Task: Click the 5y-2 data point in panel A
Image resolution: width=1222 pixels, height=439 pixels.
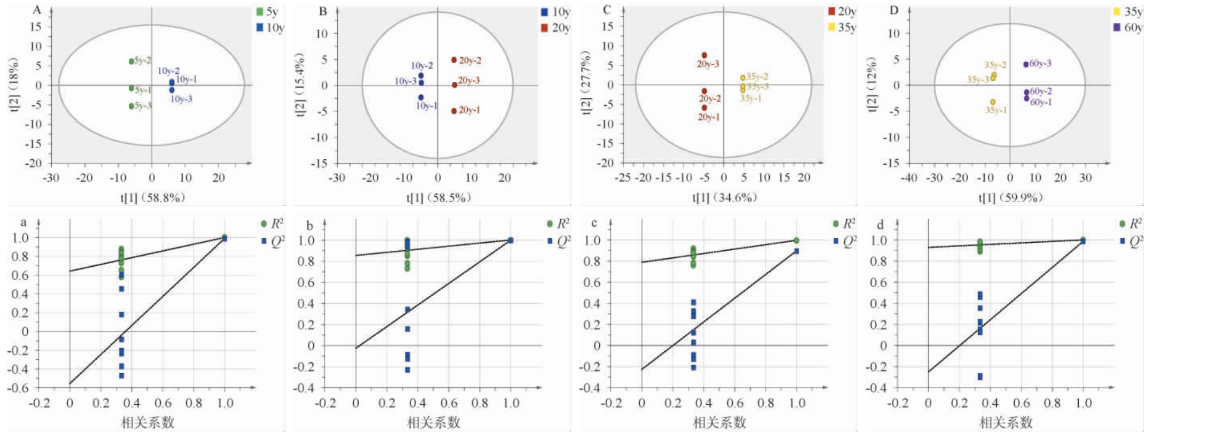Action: tap(132, 61)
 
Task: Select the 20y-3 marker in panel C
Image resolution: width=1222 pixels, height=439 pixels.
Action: tap(704, 56)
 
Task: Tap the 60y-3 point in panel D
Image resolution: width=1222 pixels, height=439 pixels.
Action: tap(1026, 65)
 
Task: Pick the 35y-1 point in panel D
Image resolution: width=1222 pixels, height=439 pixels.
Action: tap(993, 102)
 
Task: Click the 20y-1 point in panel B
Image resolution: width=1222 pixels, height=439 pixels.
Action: tap(454, 111)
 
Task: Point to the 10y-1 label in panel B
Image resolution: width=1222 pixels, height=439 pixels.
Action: tap(427, 106)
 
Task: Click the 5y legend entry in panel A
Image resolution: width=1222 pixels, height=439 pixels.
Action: tap(267, 12)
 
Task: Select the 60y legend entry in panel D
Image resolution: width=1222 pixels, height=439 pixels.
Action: tap(1127, 27)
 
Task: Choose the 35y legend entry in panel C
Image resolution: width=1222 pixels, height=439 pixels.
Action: tap(842, 27)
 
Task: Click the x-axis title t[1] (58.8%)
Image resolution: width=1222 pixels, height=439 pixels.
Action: tap(153, 198)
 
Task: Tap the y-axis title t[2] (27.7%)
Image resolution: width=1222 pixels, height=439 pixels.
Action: tap(586, 83)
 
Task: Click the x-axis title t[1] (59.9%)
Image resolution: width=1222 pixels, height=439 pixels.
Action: tap(1010, 198)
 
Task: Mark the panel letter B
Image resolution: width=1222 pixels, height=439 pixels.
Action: tap(323, 11)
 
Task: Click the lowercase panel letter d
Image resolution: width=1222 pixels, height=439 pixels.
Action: tap(880, 225)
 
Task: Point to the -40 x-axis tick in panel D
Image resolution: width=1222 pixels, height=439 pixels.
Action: tap(909, 178)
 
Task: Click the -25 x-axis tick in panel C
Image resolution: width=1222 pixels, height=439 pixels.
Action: tap(623, 178)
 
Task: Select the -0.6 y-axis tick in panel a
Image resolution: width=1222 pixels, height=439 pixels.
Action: tap(20, 388)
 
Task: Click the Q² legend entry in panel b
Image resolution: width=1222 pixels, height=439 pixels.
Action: tap(558, 242)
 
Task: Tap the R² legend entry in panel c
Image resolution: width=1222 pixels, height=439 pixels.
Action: tap(844, 224)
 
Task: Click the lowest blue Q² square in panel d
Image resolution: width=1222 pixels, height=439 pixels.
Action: tap(980, 377)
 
